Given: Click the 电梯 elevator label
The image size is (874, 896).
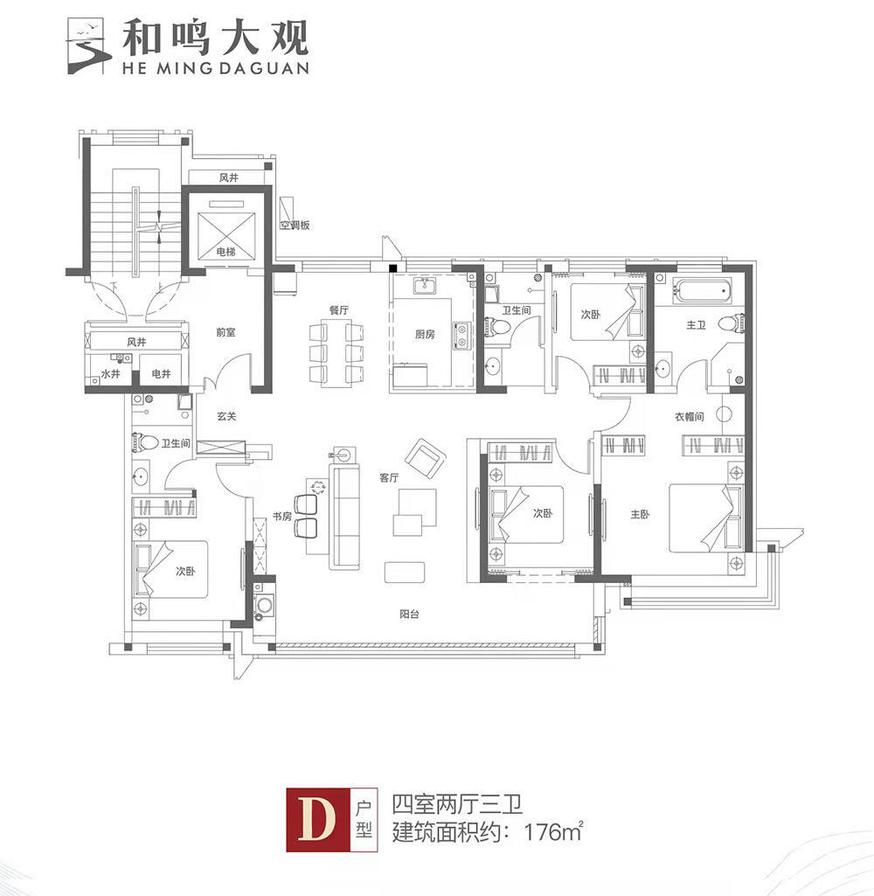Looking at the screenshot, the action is [226, 252].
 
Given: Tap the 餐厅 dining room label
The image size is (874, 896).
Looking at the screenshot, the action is [339, 310].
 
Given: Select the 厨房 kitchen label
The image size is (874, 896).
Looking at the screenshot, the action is [425, 334].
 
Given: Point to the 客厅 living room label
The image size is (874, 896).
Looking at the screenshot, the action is [389, 477].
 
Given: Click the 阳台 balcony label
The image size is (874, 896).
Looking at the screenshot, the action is [410, 615].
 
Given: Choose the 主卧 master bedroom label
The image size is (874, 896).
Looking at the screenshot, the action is [641, 514].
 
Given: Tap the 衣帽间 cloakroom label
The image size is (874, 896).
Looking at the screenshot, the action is [689, 417].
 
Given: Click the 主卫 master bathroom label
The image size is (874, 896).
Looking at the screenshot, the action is [696, 325].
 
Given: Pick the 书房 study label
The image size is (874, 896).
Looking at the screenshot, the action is [282, 517].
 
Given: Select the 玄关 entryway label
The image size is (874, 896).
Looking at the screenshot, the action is [226, 417].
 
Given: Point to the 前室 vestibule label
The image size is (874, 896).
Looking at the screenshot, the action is [225, 332].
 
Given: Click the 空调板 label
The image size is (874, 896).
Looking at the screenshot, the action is [295, 226].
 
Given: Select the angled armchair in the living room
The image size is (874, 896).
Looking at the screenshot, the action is [424, 459].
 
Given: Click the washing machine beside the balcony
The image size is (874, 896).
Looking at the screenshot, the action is [265, 605].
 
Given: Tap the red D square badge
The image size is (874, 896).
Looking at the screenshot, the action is [317, 820].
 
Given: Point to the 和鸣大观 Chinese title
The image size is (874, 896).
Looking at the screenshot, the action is [215, 38].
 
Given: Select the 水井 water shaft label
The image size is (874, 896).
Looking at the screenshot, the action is [111, 374].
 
